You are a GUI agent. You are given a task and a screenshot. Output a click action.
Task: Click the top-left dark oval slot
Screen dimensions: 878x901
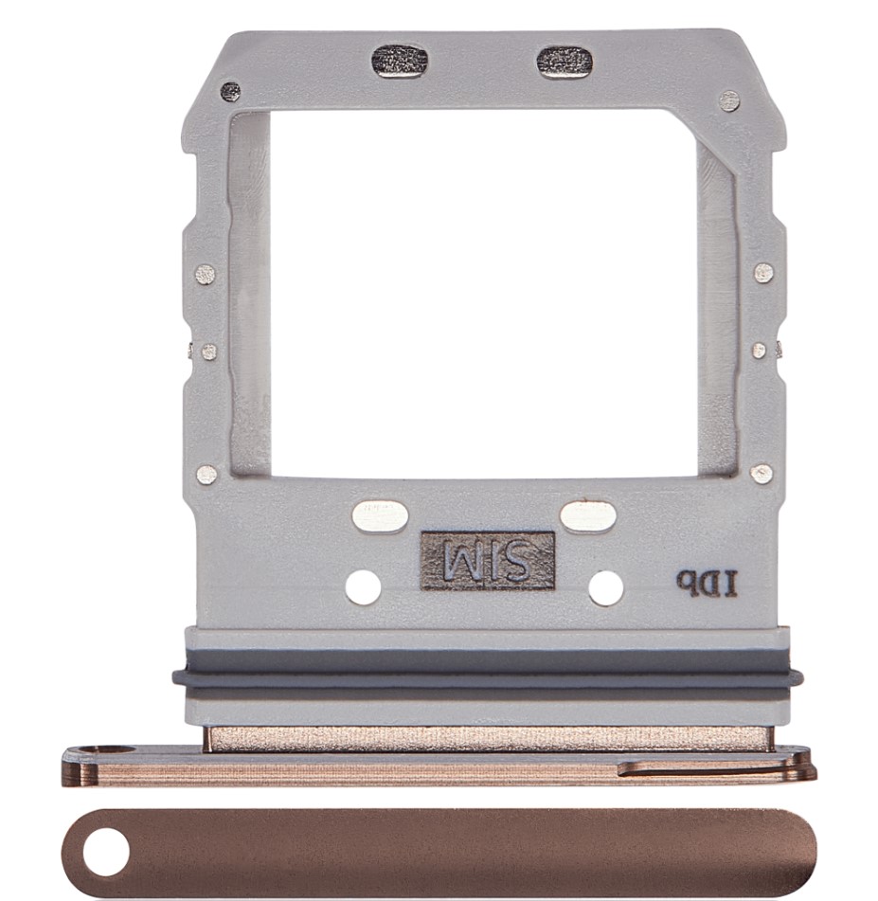click(400, 61)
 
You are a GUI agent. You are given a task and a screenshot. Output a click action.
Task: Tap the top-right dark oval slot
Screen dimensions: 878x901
click(564, 62)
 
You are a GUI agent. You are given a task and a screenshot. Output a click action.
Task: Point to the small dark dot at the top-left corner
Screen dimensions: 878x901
click(230, 91)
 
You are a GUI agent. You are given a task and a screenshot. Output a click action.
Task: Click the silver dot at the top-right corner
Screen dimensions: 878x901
click(729, 100)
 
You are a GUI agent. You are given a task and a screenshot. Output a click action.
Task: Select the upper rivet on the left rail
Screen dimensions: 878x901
click(206, 275)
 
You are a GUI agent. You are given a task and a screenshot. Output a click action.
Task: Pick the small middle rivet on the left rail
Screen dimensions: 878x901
click(209, 351)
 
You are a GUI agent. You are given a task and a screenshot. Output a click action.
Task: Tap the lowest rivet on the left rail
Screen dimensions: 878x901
click(206, 475)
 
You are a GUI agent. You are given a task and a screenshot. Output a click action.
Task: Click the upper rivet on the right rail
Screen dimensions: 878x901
click(763, 272)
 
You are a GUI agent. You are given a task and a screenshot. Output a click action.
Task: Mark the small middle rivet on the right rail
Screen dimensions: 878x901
click(759, 350)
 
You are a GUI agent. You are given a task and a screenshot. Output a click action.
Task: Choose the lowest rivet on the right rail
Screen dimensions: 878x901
click(761, 474)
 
